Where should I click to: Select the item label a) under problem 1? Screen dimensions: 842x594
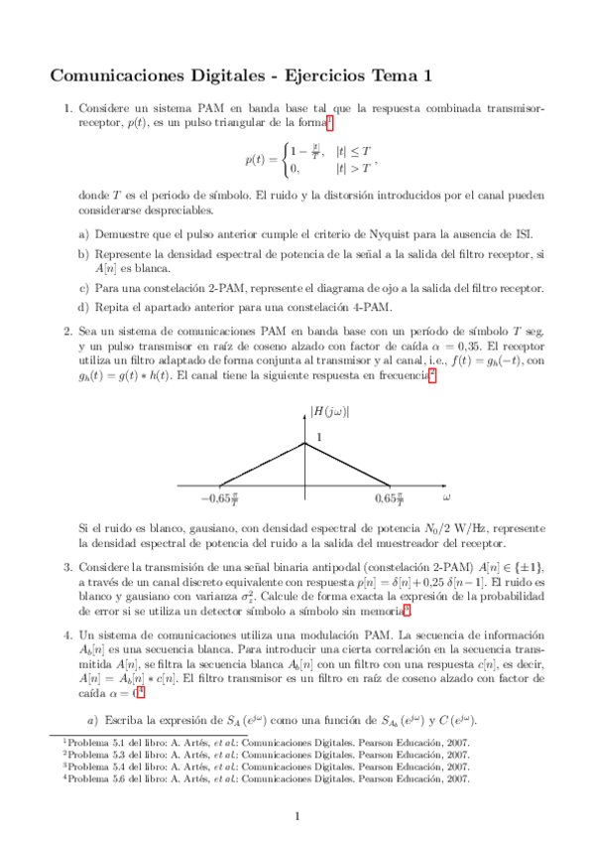83,234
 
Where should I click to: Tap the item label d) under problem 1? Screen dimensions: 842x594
83,306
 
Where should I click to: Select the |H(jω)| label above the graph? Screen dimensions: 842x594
330,411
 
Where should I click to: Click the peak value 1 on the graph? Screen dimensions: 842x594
319,437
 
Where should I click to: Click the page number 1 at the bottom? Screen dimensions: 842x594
297,816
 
